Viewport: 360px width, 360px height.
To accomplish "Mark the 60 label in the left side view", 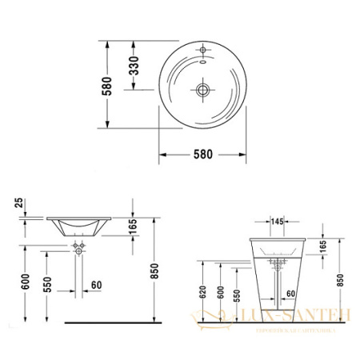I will tap(96, 284).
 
